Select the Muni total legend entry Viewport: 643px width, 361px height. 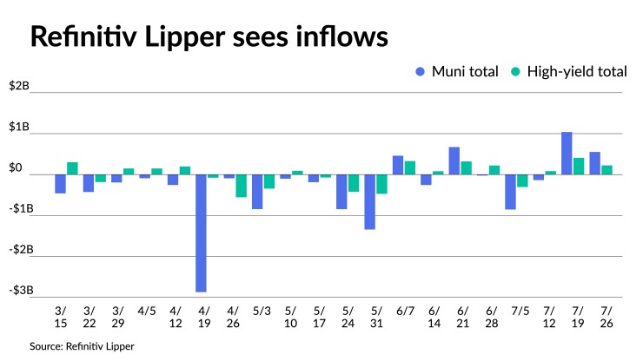[458, 72]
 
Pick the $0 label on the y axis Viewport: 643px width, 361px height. [20, 167]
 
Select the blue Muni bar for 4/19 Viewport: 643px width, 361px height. [201, 233]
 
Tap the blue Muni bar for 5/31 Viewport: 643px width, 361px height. [369, 201]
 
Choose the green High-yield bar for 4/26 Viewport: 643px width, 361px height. [241, 186]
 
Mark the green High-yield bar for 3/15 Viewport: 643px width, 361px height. [72, 168]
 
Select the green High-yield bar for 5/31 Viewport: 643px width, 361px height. [381, 184]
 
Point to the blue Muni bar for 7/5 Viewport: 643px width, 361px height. [510, 192]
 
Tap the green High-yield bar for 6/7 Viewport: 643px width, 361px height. [409, 167]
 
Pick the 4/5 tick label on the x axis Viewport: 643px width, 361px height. [145, 310]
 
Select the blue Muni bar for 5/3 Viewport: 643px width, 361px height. [257, 192]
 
